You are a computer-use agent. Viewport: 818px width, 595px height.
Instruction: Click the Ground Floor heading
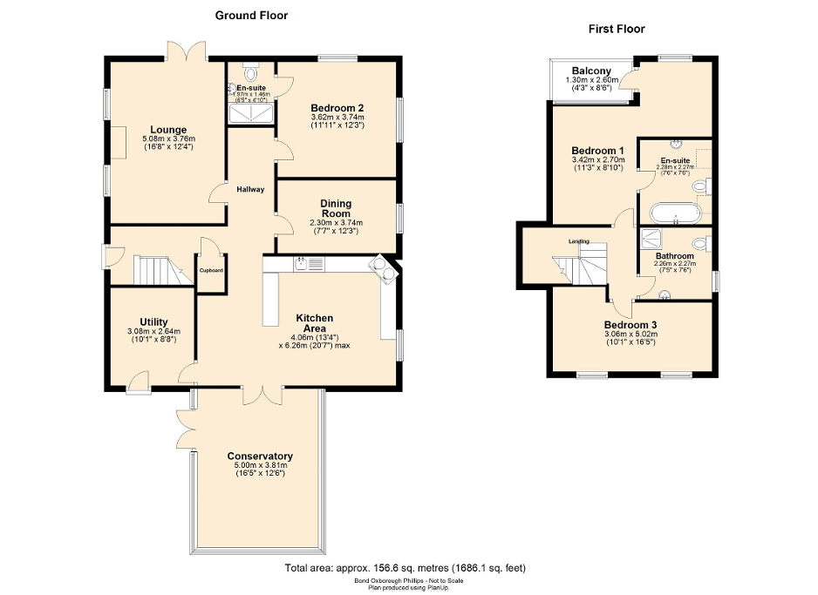[252, 15]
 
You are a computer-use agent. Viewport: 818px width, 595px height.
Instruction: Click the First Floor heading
[617, 29]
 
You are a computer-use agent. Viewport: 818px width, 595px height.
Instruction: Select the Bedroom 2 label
[337, 108]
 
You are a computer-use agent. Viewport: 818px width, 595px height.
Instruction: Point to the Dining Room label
[336, 207]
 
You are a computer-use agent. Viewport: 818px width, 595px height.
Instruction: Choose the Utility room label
[153, 321]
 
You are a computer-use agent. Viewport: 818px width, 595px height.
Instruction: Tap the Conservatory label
[260, 456]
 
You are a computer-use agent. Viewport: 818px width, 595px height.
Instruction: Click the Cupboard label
[211, 270]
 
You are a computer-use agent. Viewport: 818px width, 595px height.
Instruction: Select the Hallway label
[250, 190]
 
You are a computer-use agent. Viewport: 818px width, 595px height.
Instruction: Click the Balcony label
[591, 71]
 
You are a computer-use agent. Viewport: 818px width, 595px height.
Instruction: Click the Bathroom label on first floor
[675, 256]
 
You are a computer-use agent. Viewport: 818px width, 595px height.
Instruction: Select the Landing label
[579, 241]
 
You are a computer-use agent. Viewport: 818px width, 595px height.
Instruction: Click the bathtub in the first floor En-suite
[674, 212]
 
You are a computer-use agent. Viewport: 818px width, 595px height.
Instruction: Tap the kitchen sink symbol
[301, 264]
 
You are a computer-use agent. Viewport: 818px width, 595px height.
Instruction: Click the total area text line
[406, 568]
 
